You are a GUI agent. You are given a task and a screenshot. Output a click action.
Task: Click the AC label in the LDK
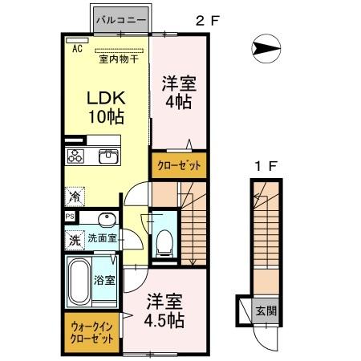pyautogui.click(x=78, y=49)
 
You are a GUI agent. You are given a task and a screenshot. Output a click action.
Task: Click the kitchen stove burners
pyautogui.click(x=77, y=156)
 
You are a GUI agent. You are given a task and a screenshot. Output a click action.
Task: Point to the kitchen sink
pyautogui.click(x=107, y=156)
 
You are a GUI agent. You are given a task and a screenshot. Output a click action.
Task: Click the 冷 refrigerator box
pyautogui.click(x=74, y=195)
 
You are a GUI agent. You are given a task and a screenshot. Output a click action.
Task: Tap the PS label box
pyautogui.click(x=70, y=217)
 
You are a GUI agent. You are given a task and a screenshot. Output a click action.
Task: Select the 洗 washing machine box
pyautogui.click(x=73, y=239)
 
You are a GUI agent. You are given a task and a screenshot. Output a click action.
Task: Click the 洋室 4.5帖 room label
pyautogui.click(x=165, y=311)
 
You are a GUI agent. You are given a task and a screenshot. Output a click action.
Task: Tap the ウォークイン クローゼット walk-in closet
pyautogui.click(x=91, y=332)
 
